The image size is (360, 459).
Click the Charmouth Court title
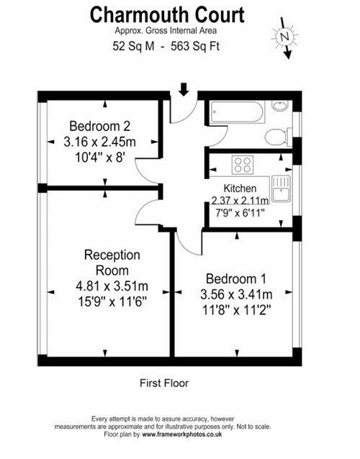click(167, 15)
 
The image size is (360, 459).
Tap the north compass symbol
click(285, 37)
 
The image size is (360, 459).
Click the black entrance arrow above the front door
click(184, 89)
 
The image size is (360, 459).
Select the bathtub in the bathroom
click(238, 112)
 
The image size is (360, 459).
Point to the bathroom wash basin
click(280, 106)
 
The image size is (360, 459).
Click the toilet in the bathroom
click(279, 137)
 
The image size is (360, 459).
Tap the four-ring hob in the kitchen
click(243, 165)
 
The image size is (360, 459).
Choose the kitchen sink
click(281, 188)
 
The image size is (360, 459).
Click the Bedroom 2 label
click(99, 126)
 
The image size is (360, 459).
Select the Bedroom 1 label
click(236, 278)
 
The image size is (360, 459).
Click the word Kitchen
click(240, 188)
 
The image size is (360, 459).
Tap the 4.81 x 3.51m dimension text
click(112, 286)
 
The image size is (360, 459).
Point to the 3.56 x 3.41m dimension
click(236, 294)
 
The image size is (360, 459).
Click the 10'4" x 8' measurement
click(101, 158)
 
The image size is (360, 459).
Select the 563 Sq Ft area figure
click(195, 46)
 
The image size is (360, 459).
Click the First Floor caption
click(164, 383)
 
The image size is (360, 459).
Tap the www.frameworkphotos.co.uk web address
click(182, 435)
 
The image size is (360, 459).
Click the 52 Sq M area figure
click(133, 46)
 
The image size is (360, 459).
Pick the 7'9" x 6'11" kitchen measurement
click(240, 213)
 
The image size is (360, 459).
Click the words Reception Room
click(112, 263)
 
